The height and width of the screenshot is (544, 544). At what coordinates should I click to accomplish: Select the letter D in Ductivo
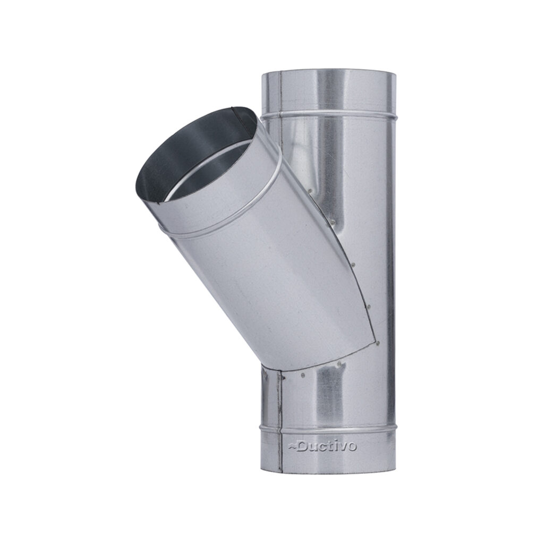pos(302,446)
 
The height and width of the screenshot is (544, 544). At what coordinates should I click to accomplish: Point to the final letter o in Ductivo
pos(352,447)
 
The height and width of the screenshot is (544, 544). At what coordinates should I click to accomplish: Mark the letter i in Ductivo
pos(336,446)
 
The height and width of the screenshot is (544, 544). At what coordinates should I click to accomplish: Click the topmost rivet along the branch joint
pos(311,191)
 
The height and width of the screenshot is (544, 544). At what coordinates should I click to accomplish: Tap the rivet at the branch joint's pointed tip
pos(378,343)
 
